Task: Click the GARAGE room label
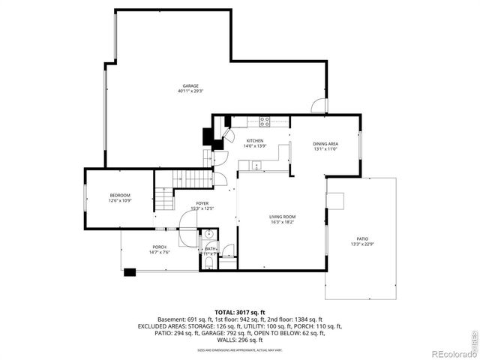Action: coord(190,85)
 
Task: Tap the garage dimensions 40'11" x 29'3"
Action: coord(190,91)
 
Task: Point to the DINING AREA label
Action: coord(325,143)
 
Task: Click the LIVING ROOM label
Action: coord(283,217)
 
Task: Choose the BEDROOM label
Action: coord(120,195)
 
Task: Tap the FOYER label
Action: coord(202,203)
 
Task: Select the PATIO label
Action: coord(361,239)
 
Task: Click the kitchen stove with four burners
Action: coord(265,121)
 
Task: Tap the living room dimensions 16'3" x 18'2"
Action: coord(283,223)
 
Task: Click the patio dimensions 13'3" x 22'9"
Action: coord(361,244)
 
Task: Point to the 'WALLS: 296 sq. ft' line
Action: coord(240,340)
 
